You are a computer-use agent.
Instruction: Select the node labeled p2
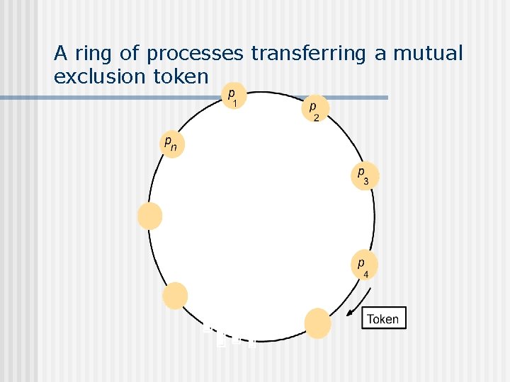[314, 110]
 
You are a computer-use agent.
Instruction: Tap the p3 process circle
[364, 176]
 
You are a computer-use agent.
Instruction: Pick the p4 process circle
[364, 265]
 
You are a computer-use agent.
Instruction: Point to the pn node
[171, 144]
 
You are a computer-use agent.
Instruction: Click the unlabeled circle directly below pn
[150, 216]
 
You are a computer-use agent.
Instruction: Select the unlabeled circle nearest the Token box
[317, 323]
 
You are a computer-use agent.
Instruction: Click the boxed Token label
[383, 319]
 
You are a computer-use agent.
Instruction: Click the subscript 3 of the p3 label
[365, 182]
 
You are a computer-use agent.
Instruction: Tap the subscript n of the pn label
[174, 149]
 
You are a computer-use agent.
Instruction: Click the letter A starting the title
[61, 53]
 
